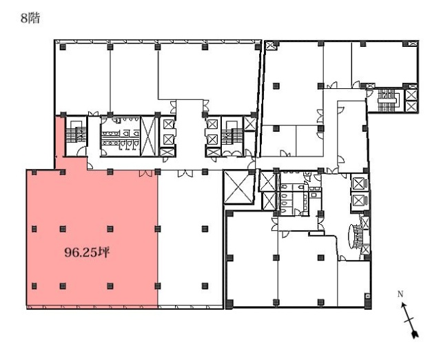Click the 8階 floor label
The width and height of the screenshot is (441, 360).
[31, 19]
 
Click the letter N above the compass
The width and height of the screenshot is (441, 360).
[401, 294]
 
